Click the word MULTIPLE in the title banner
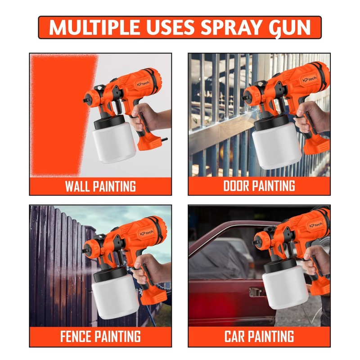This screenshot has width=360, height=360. [x=94, y=27]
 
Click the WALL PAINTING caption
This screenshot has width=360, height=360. [x=100, y=186]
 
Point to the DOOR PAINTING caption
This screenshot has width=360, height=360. [x=259, y=186]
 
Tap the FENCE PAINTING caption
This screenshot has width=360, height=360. [x=100, y=336]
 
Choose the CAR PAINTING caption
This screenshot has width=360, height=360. [x=259, y=336]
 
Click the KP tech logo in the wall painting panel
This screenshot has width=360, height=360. [x=143, y=84]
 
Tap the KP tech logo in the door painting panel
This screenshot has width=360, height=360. [x=309, y=80]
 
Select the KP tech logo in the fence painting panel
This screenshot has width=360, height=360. [x=147, y=233]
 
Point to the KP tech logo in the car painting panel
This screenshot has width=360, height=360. [x=316, y=225]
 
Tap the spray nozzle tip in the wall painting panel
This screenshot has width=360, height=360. [x=85, y=100]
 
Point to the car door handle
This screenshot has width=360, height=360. [x=256, y=292]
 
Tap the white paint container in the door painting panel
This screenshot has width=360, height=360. [x=276, y=146]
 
